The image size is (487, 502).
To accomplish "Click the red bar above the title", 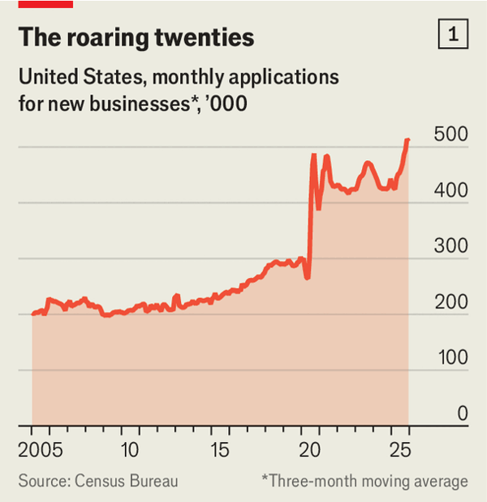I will point(45,4).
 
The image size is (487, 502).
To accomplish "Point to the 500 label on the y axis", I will point(451,135).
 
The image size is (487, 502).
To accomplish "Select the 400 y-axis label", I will point(451,191).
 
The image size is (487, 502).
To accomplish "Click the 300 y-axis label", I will point(451,246).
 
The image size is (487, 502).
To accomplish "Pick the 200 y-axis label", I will point(451,302).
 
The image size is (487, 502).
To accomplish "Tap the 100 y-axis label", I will point(451,357).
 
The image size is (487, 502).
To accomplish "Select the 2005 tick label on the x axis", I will point(36,448).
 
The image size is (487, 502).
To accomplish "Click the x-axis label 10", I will point(127,448).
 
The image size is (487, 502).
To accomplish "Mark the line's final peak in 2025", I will point(407,141).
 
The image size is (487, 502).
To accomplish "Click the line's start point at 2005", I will point(33,314).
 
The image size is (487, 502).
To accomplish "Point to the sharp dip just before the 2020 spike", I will point(308,278).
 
